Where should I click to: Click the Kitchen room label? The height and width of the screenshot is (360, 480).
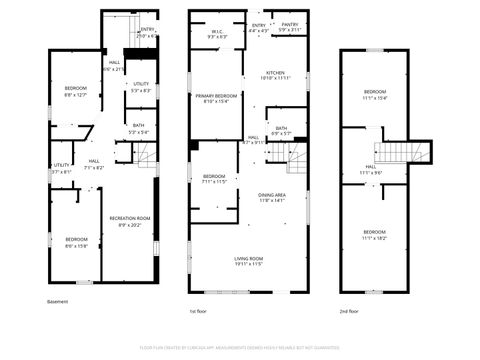[x=276, y=73]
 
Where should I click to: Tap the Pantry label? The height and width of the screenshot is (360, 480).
[x=290, y=25]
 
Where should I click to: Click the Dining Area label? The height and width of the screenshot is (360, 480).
[x=272, y=197]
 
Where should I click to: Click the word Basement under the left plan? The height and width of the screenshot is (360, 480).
[x=58, y=301]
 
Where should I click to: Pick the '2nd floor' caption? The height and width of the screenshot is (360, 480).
[x=349, y=312]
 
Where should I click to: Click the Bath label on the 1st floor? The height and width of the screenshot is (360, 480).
[x=282, y=130]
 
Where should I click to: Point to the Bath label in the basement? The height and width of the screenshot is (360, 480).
[x=139, y=129]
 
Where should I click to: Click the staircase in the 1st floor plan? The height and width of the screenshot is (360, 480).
[x=298, y=156]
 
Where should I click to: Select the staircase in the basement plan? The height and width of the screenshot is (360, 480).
[x=147, y=155]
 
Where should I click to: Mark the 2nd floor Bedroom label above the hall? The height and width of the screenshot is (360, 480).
[x=373, y=95]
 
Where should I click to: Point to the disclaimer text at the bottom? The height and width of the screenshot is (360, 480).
[x=240, y=347]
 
